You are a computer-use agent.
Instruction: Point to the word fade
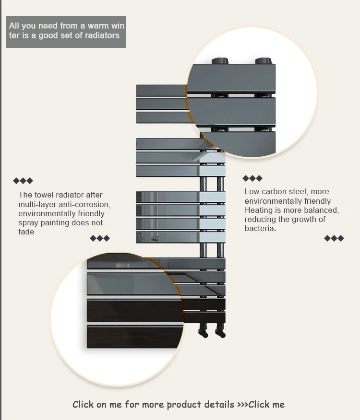click(26, 232)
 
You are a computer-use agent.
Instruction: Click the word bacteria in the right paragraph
click(260, 229)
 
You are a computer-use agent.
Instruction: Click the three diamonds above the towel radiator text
click(23, 181)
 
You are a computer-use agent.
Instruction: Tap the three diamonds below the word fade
click(100, 238)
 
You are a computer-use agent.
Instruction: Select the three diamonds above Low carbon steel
click(252, 178)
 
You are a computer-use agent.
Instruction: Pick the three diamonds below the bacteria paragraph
click(334, 238)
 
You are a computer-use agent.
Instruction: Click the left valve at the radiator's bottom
click(204, 332)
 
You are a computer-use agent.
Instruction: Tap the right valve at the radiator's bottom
click(220, 332)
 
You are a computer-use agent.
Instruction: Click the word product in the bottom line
click(183, 404)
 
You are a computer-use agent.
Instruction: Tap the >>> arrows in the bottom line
click(242, 405)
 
